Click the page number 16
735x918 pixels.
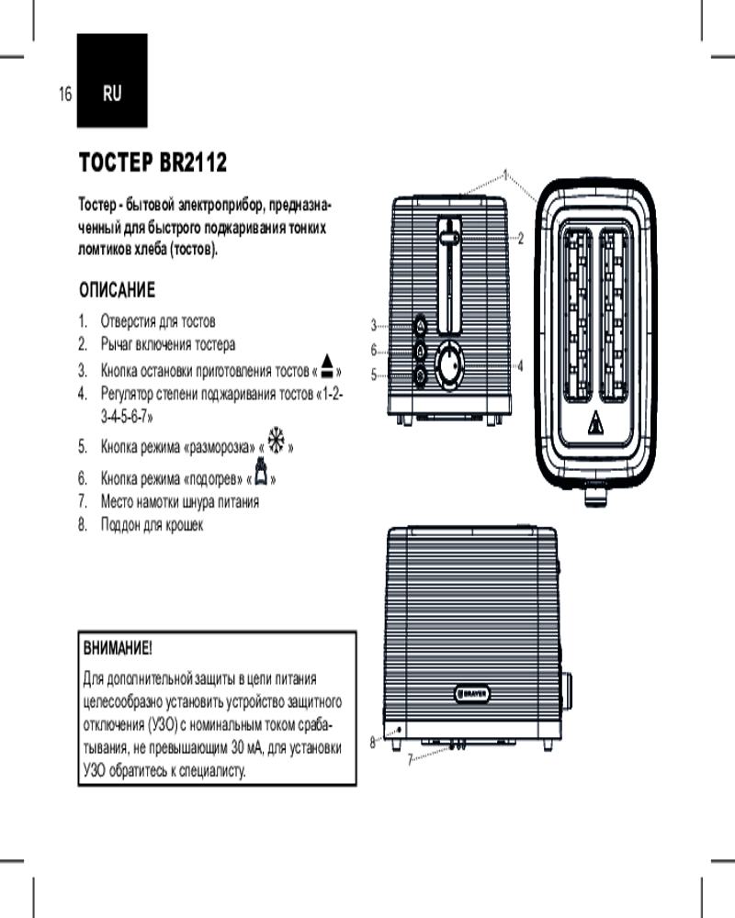click(64, 94)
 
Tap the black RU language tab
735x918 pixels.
click(111, 93)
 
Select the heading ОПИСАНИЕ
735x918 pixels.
click(116, 291)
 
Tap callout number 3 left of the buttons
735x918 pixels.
click(374, 324)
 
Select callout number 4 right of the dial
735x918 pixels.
click(520, 365)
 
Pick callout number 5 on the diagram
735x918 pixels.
click(374, 375)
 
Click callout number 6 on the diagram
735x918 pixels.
click(374, 350)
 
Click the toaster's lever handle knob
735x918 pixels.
click(448, 238)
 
